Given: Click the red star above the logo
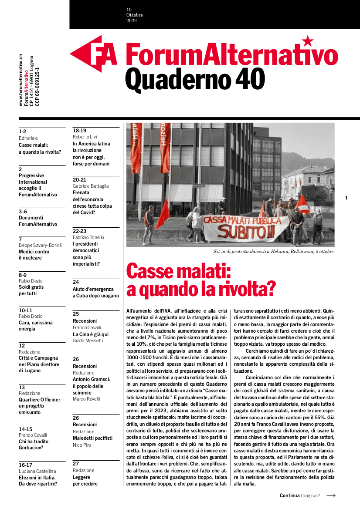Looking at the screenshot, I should [308, 41].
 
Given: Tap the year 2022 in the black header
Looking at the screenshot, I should [132, 20].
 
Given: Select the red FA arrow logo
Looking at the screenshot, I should [94, 54].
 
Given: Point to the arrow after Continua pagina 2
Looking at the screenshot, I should [331, 496].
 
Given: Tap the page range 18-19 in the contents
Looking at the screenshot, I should [79, 130].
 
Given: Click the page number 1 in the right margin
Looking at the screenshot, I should [346, 198].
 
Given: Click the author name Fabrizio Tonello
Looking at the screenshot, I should [88, 237].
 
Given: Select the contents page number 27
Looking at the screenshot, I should [76, 464].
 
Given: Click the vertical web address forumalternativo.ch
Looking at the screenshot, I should [21, 81].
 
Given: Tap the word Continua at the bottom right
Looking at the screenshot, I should [289, 496].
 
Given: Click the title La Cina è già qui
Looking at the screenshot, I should [91, 334].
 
